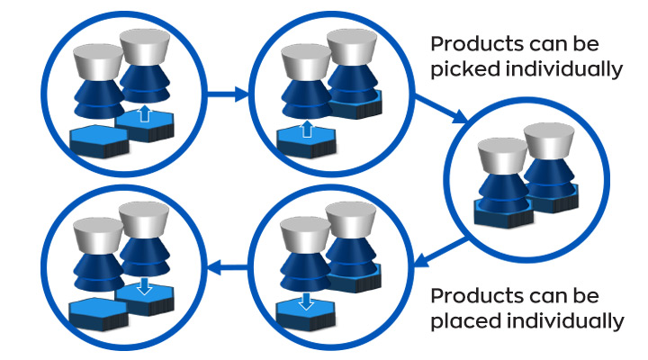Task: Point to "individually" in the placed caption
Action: pos(568,320)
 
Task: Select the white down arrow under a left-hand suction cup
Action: pos(305,299)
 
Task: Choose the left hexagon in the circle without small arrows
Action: pos(504,212)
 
